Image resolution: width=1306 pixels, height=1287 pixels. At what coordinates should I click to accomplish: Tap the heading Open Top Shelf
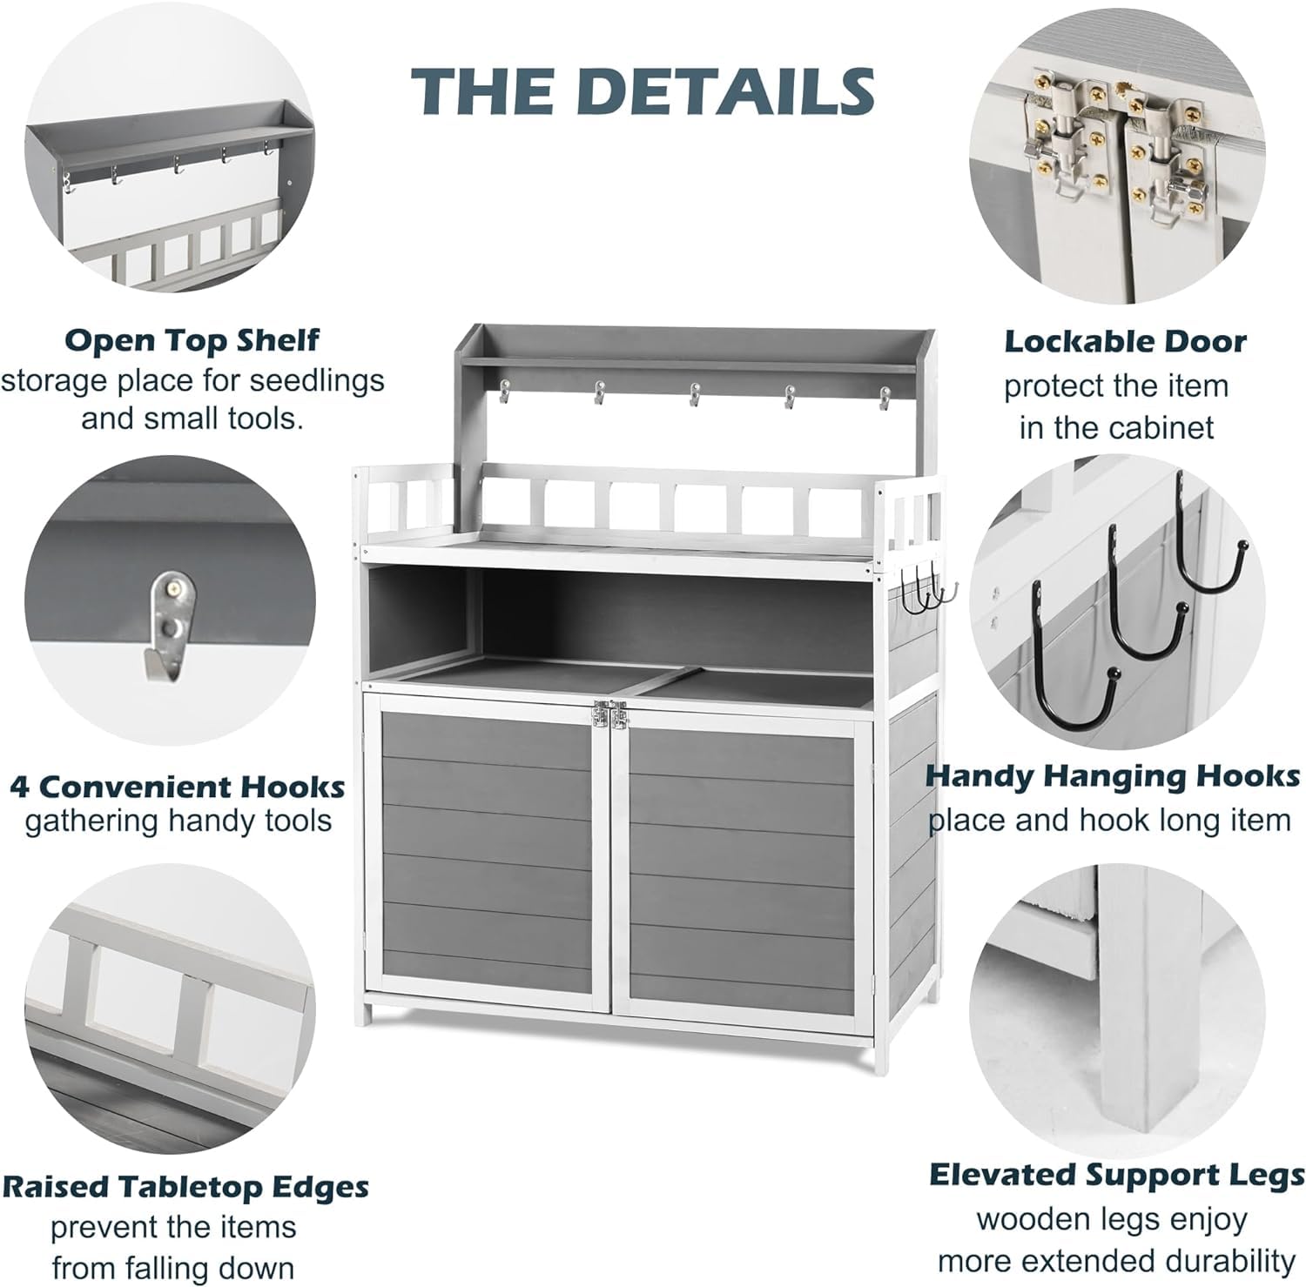192,339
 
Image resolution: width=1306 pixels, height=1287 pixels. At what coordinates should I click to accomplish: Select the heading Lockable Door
1125,341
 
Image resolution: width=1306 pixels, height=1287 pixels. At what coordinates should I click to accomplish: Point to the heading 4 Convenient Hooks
178,787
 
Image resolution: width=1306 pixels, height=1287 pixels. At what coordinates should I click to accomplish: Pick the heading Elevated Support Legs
1117,1175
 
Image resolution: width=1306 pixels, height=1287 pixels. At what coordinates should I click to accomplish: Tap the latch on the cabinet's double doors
609,715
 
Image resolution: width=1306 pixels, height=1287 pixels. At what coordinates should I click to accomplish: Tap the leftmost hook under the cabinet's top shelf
504,395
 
